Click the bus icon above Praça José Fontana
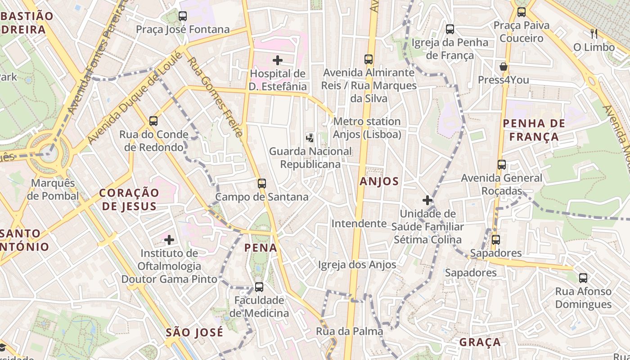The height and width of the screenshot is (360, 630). [183, 16]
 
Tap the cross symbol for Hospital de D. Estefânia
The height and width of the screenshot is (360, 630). [278, 60]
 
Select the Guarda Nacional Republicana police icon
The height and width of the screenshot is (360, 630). [310, 138]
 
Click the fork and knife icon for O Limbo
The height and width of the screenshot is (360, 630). [594, 33]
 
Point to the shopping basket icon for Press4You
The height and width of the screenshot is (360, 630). [504, 67]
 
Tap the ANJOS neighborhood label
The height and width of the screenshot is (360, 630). [379, 181]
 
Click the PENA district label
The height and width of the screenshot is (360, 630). [261, 247]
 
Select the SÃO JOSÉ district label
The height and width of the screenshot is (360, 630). [194, 333]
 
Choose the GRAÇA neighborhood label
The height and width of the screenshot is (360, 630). [480, 342]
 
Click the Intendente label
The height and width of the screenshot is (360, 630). [359, 224]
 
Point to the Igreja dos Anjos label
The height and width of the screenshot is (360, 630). [357, 265]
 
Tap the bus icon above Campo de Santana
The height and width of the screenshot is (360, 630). [262, 183]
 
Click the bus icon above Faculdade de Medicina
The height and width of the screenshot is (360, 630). [259, 287]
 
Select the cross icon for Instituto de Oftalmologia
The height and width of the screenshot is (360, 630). [169, 240]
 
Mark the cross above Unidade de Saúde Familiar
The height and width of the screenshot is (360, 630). [427, 200]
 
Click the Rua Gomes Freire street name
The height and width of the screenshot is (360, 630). [215, 97]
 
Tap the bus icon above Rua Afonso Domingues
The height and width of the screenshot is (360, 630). [583, 278]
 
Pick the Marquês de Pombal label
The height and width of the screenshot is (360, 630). [53, 189]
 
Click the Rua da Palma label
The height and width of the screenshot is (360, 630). [349, 332]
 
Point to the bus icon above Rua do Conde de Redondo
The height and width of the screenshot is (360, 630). [153, 121]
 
